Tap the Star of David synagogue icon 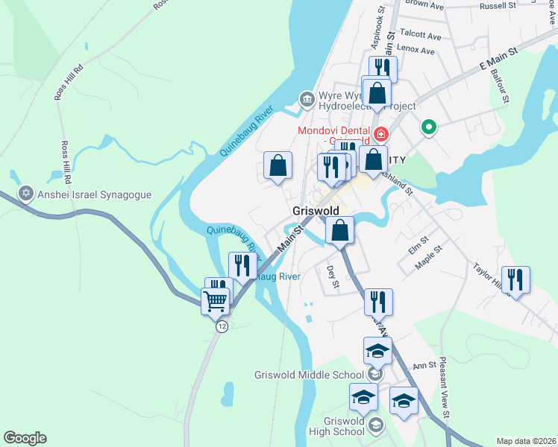[x=26, y=194]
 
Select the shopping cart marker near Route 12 [x=215, y=302]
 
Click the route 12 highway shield [x=221, y=326]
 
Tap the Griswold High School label [x=339, y=426]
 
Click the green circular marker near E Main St [x=428, y=128]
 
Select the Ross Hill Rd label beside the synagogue [x=66, y=162]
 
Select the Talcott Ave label [x=421, y=36]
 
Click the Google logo [x=25, y=438]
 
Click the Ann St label [x=424, y=365]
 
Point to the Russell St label [x=498, y=5]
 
